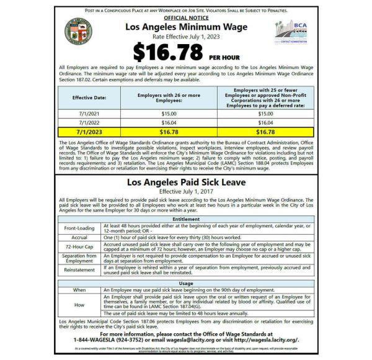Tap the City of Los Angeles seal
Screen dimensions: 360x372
tap(78, 32)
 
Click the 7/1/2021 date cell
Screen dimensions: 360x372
tap(89, 114)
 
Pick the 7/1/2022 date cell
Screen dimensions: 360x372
tap(89, 123)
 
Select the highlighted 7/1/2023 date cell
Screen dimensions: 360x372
tap(89, 132)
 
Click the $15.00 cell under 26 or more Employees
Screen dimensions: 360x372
tap(169, 114)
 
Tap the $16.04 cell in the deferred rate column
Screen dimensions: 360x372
tap(265, 123)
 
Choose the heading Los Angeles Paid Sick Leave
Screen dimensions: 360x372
tap(186, 182)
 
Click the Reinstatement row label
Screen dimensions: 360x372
tap(79, 270)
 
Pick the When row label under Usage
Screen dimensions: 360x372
tap(79, 290)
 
